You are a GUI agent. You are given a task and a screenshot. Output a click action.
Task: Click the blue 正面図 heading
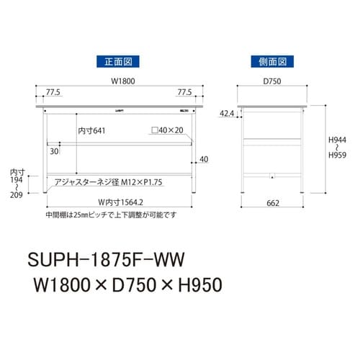point(116,61)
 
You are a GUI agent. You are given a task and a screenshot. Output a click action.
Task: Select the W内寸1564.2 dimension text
point(118,202)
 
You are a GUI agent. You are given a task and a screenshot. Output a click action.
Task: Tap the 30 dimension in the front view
point(54,151)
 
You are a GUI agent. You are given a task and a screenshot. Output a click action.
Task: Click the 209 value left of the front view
point(16,194)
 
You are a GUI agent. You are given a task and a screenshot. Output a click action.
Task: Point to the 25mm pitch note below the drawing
point(101,214)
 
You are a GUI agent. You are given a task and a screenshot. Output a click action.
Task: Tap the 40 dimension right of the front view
point(204,159)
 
